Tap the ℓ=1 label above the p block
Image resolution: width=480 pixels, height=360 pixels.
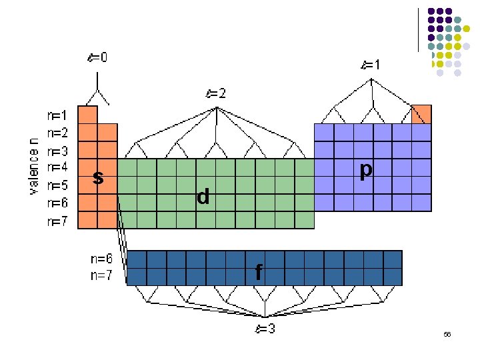(x=371, y=65)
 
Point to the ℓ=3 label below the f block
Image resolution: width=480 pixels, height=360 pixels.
(x=265, y=328)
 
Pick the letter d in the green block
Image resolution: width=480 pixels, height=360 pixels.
(x=203, y=196)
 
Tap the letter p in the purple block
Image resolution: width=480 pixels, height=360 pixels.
(x=365, y=171)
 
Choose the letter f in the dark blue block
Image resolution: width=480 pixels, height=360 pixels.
(x=259, y=271)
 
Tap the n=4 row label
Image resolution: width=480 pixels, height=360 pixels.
(x=57, y=167)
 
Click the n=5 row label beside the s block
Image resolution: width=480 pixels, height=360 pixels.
(x=57, y=185)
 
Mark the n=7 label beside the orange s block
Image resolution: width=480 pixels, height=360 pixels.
(x=57, y=221)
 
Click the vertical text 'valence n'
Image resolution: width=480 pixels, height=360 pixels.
(x=34, y=166)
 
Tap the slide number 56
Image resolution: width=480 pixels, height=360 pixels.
(x=447, y=334)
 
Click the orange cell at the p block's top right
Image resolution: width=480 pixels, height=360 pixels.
(x=421, y=115)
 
